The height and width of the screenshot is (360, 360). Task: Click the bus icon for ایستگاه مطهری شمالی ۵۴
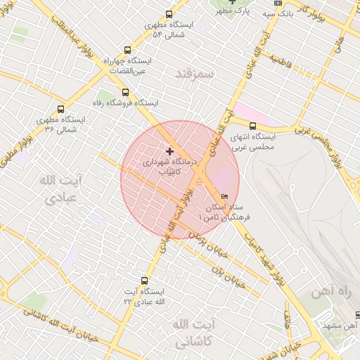[169, 14]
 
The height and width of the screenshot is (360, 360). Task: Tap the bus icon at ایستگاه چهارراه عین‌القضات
[127, 50]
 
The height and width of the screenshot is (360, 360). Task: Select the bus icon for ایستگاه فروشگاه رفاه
[126, 92]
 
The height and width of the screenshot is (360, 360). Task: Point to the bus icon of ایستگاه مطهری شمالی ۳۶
[60, 109]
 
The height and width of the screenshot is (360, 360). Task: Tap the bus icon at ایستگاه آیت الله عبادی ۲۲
[145, 281]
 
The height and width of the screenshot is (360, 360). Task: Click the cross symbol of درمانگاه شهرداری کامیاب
[169, 151]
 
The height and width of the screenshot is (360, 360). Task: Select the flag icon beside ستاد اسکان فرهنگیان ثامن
[224, 197]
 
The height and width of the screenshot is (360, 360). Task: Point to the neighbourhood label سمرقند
[194, 72]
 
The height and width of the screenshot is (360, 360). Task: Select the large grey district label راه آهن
[329, 290]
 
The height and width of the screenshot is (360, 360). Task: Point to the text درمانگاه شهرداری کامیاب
[163, 166]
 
